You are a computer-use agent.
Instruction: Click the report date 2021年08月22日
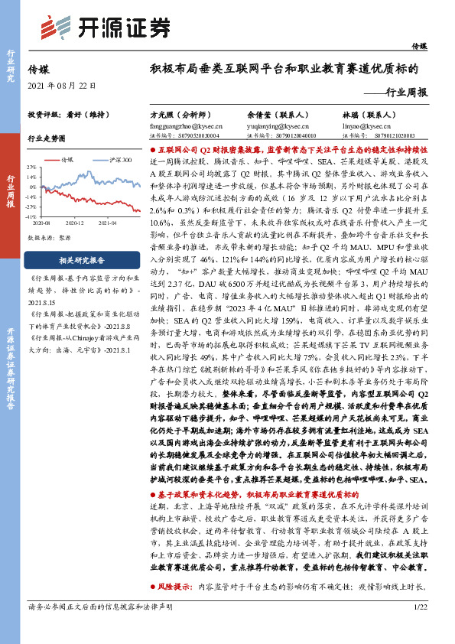point(62,84)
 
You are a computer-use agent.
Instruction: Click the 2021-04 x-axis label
point(108,222)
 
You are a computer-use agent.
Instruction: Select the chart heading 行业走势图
point(46,138)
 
